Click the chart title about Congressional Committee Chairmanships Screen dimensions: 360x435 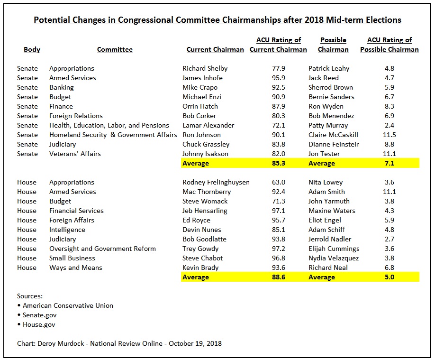pos(217,20)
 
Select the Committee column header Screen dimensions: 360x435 pos(115,49)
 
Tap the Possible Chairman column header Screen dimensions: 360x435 pos(333,45)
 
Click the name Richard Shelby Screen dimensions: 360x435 pos(205,68)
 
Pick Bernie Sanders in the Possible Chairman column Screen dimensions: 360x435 pos(331,97)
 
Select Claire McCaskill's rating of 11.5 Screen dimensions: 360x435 pos(390,135)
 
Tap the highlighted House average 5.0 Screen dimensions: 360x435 pos(390,277)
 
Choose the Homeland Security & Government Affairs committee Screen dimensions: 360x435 pos(113,135)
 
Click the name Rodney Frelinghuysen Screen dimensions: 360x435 pos(216,182)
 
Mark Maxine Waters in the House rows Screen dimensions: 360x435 pos(332,211)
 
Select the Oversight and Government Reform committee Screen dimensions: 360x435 pos(102,249)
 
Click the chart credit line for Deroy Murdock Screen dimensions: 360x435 pos(119,343)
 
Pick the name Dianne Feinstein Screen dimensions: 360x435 pos(334,144)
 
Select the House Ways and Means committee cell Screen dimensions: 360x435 pos(76,268)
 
